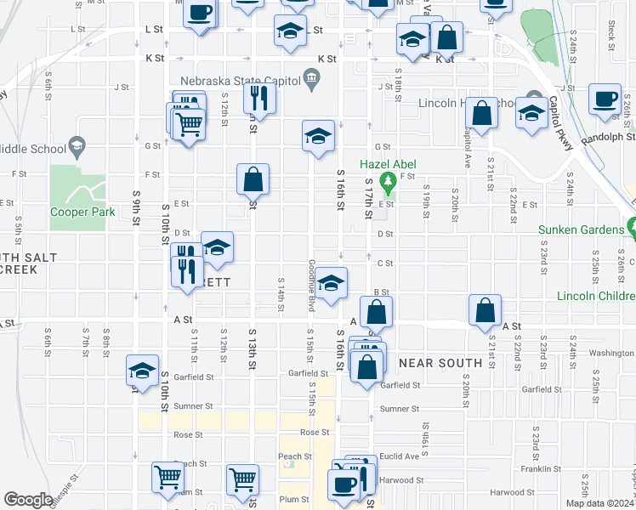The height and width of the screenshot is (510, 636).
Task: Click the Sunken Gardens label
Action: tap(581, 229)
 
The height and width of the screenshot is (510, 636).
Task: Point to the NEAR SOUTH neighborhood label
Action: tap(440, 363)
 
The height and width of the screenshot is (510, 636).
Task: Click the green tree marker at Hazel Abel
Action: tap(388, 180)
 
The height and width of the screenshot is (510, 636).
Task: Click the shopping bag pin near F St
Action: tap(253, 180)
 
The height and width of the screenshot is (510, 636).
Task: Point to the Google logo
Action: tap(28, 501)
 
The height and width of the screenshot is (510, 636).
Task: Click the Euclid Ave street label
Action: tap(400, 456)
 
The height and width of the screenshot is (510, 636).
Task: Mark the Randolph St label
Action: tap(608, 136)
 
